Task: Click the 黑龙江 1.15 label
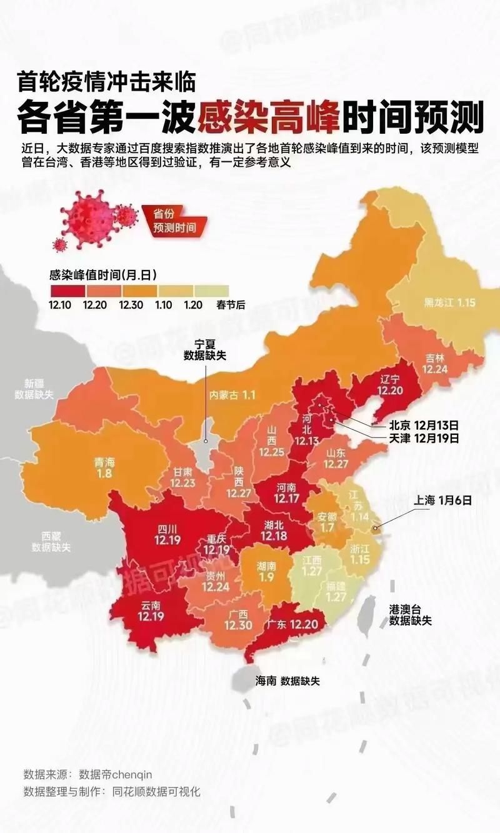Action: click(x=449, y=302)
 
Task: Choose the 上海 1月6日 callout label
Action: click(x=441, y=501)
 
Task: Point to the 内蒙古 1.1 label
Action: click(x=232, y=395)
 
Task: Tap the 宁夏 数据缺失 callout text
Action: click(x=204, y=350)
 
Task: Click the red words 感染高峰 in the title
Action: click(x=269, y=116)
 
